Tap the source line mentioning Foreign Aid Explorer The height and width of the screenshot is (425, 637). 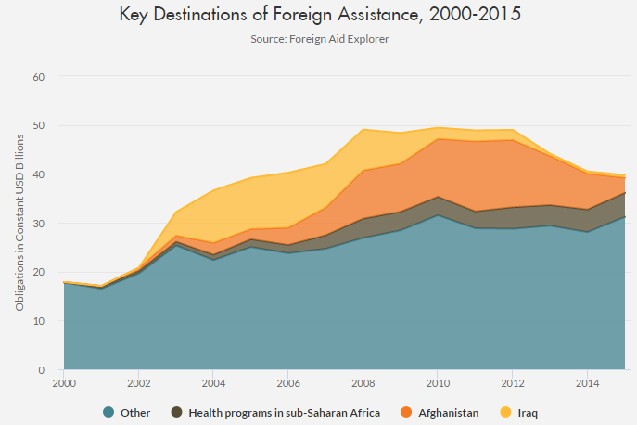[x=318, y=39]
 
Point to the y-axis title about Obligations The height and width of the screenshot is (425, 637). [x=19, y=222]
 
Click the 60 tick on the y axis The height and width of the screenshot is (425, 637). [x=39, y=76]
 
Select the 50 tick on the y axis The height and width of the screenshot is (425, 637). [x=39, y=125]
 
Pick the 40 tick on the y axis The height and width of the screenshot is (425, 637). [x=39, y=174]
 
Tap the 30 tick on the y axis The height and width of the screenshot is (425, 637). [x=39, y=223]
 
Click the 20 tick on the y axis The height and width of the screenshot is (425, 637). [x=39, y=272]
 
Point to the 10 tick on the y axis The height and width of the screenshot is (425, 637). [x=39, y=321]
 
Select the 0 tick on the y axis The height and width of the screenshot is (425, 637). [x=43, y=369]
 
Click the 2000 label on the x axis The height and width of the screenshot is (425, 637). [x=64, y=382]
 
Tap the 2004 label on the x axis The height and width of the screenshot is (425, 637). [x=214, y=382]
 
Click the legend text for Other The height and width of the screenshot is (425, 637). [x=134, y=412]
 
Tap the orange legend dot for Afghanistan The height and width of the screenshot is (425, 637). [x=406, y=412]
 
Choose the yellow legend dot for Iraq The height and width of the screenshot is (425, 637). [x=506, y=412]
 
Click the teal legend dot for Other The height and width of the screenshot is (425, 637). [x=109, y=412]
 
